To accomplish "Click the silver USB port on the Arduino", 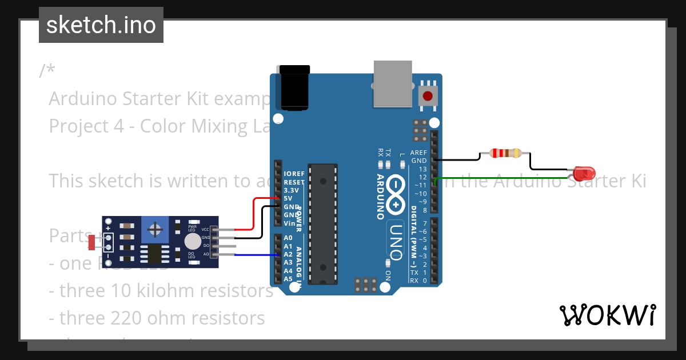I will [392, 84].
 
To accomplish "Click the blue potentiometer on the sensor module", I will [154, 230].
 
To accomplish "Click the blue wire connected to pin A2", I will [252, 255].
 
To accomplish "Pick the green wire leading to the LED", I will [497, 178].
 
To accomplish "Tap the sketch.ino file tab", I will [101, 25].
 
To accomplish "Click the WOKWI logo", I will [607, 315].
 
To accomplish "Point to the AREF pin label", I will [418, 153].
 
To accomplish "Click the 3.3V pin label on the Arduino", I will [292, 190].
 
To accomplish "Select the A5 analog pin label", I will [288, 279].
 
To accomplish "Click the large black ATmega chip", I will [323, 223].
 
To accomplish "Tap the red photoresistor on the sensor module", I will [91, 242].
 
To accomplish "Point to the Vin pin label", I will [289, 223].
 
